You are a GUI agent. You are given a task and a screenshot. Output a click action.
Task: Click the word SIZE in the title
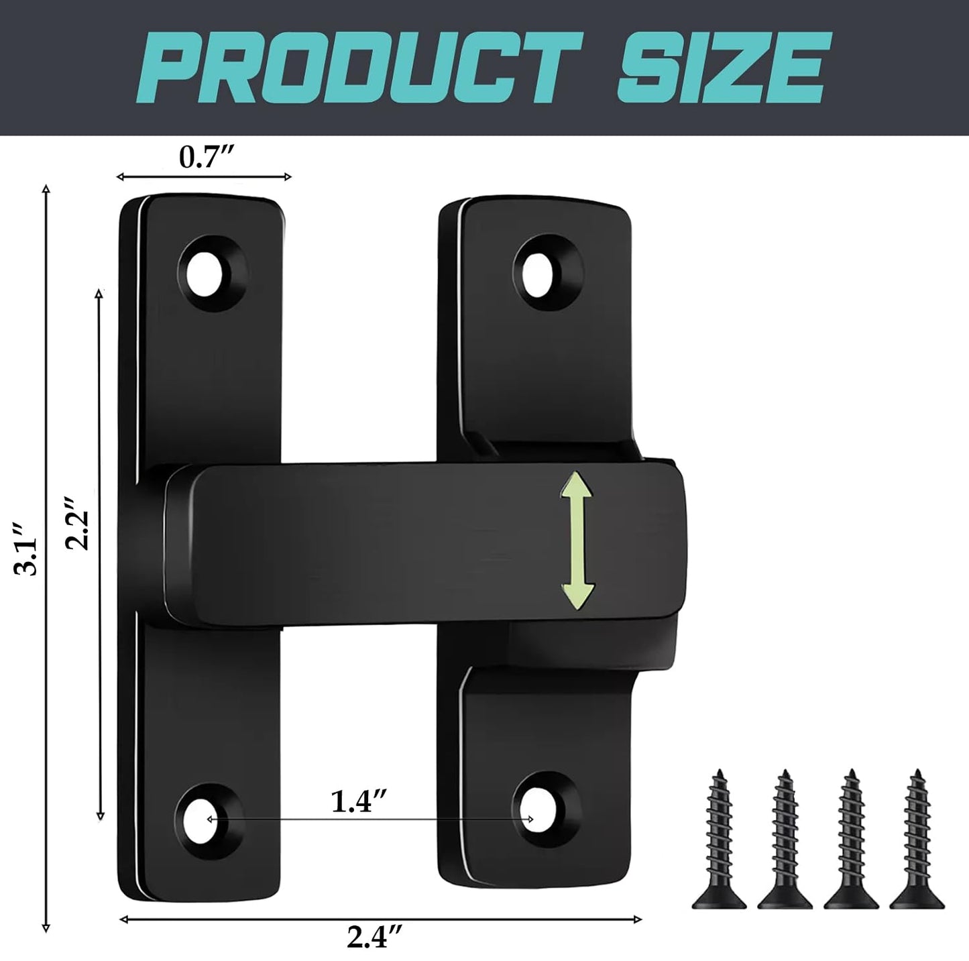[x=721, y=67]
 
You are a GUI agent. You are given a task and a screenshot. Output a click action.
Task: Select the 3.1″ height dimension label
[x=27, y=558]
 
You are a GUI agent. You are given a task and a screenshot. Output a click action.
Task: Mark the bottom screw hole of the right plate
[x=540, y=817]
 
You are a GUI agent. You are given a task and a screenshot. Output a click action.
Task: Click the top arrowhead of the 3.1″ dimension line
[x=46, y=191]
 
